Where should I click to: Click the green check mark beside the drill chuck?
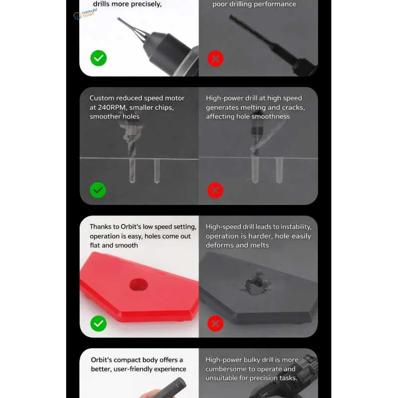point(99,58)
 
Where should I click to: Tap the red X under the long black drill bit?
point(215,59)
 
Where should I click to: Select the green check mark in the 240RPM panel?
point(98,190)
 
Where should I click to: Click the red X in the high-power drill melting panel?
point(215,190)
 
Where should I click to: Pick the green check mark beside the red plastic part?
point(99,323)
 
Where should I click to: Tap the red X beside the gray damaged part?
point(215,323)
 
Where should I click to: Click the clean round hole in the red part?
point(138,285)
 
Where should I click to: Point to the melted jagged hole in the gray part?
point(256,284)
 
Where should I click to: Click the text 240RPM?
point(111,107)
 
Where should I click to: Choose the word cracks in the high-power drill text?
point(293,107)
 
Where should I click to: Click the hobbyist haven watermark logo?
point(85,14)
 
